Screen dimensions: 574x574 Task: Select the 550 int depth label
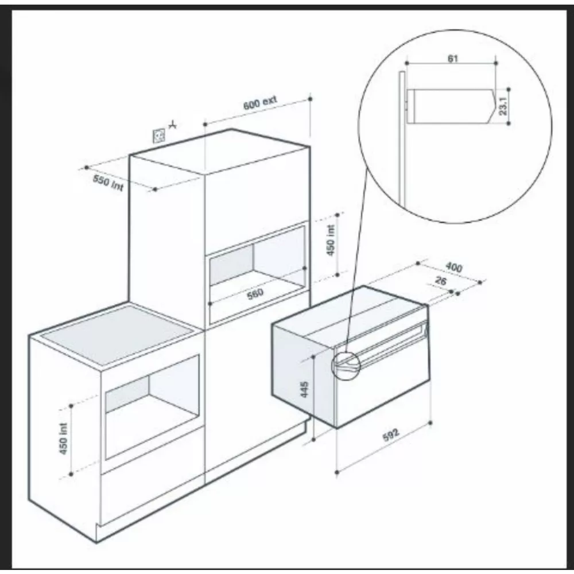pyautogui.click(x=109, y=183)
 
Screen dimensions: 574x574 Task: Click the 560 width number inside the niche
pyautogui.click(x=254, y=293)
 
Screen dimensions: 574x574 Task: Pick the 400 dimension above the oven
pyautogui.click(x=453, y=267)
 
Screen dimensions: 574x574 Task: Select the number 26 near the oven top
pyautogui.click(x=441, y=281)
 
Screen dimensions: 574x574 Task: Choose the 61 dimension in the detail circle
pyautogui.click(x=453, y=59)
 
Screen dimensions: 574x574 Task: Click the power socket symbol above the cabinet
pyautogui.click(x=158, y=135)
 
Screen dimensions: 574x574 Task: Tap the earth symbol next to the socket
pyautogui.click(x=173, y=123)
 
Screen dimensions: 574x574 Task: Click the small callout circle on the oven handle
pyautogui.click(x=344, y=366)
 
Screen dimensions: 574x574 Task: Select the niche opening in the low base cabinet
pyautogui.click(x=152, y=408)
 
